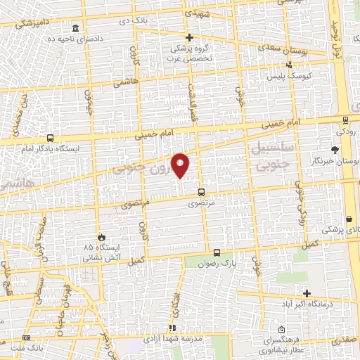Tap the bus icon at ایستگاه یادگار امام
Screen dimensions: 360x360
coord(50,138)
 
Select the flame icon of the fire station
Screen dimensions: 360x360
coord(103,237)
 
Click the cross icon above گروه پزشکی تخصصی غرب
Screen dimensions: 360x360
coord(188,37)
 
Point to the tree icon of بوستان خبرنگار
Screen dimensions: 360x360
coord(335,150)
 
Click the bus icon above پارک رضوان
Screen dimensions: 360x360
coord(217,252)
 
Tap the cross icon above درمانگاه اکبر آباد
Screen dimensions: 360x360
coord(307,292)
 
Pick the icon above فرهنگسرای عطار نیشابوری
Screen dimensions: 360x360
coord(281,329)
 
